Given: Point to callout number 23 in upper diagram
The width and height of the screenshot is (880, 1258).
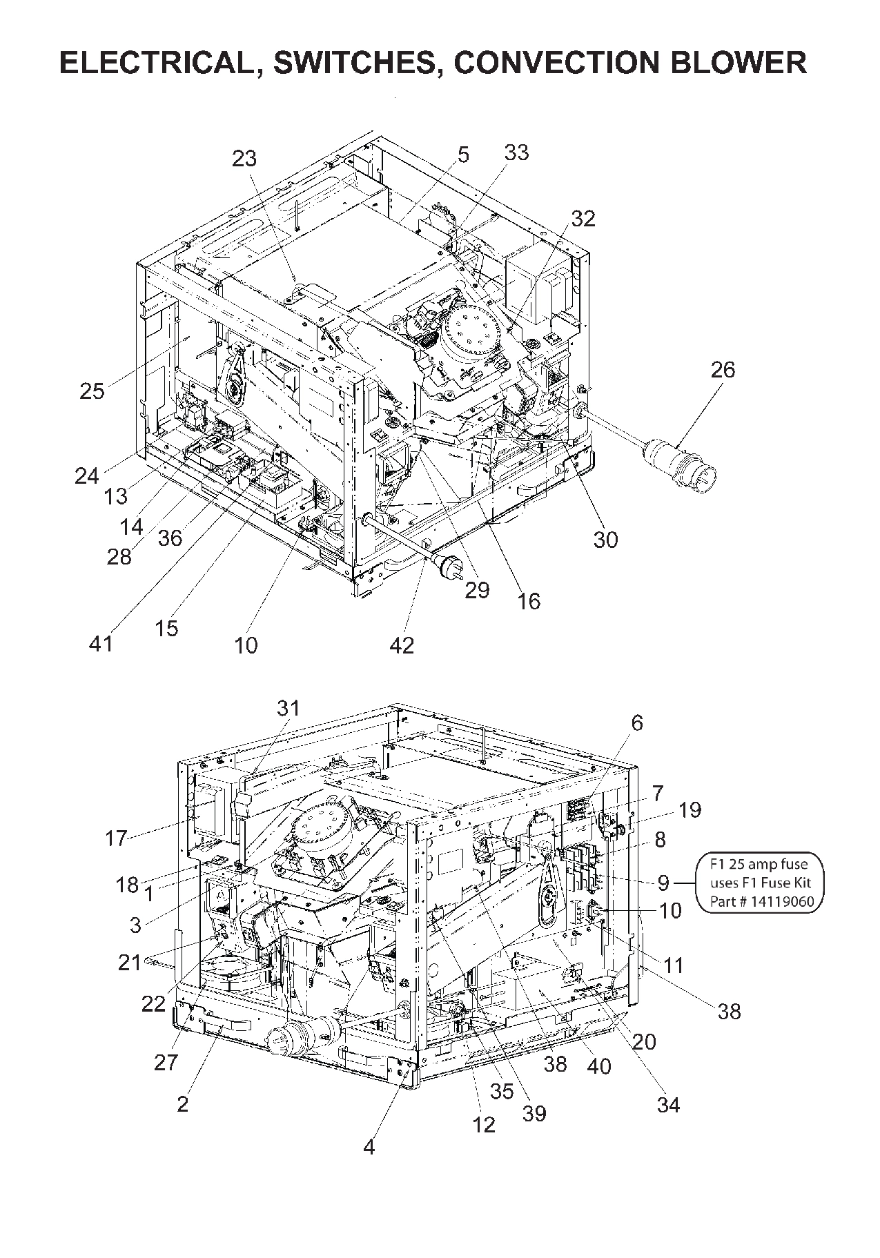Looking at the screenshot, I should coord(244,159).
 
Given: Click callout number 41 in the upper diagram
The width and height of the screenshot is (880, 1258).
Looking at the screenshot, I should coord(101,644).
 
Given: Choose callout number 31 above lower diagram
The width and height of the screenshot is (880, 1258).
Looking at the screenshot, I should coord(289,708).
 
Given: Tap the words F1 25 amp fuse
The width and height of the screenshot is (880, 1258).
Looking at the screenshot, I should coord(759,863).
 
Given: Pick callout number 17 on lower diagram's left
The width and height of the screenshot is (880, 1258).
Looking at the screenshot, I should coord(116,838).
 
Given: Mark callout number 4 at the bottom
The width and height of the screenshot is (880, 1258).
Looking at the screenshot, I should coord(369,1147).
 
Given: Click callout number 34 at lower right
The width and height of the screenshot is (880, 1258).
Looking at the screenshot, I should coord(667,1105).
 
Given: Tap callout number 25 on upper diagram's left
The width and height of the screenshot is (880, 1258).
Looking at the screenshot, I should coord(92,391).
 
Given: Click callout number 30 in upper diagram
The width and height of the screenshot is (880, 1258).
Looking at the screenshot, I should coord(605,539).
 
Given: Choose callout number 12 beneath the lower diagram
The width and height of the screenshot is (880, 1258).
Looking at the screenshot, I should coord(484,1125).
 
